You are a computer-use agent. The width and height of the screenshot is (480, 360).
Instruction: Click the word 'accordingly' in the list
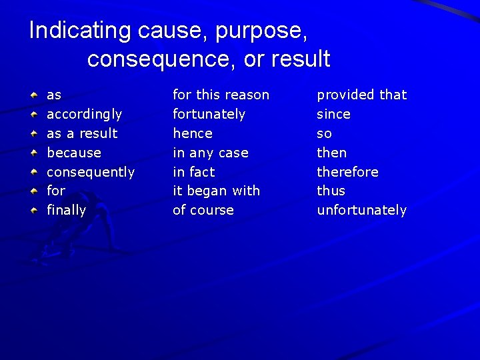[84, 115]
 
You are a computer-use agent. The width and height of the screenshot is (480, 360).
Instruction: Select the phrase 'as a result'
[81, 133]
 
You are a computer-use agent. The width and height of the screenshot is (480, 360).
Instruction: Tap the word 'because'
[73, 153]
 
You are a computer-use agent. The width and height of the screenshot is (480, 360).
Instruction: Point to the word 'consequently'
[90, 172]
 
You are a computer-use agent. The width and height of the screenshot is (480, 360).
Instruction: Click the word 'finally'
[66, 211]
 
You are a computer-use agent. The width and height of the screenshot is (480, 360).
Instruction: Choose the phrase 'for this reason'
[221, 95]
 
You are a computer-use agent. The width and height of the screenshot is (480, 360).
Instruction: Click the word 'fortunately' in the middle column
[209, 115]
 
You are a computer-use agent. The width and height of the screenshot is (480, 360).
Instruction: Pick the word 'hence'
[192, 133]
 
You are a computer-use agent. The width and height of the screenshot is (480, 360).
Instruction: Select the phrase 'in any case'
[210, 153]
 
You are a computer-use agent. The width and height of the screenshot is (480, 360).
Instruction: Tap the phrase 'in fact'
[193, 172]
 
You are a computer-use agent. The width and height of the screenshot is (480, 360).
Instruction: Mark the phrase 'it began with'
[216, 191]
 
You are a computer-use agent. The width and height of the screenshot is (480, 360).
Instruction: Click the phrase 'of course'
[203, 211]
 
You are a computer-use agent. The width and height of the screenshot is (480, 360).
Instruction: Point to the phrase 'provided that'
[361, 95]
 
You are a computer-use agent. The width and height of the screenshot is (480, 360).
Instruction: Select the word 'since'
[333, 115]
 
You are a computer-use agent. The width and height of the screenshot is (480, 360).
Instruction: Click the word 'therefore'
[347, 172]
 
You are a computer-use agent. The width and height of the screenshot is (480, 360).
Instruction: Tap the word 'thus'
[331, 191]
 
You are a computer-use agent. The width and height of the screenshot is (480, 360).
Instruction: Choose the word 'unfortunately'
[361, 211]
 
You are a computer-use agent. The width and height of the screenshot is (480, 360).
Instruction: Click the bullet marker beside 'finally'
[33, 211]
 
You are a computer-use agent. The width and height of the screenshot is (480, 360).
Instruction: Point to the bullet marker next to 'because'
[33, 153]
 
